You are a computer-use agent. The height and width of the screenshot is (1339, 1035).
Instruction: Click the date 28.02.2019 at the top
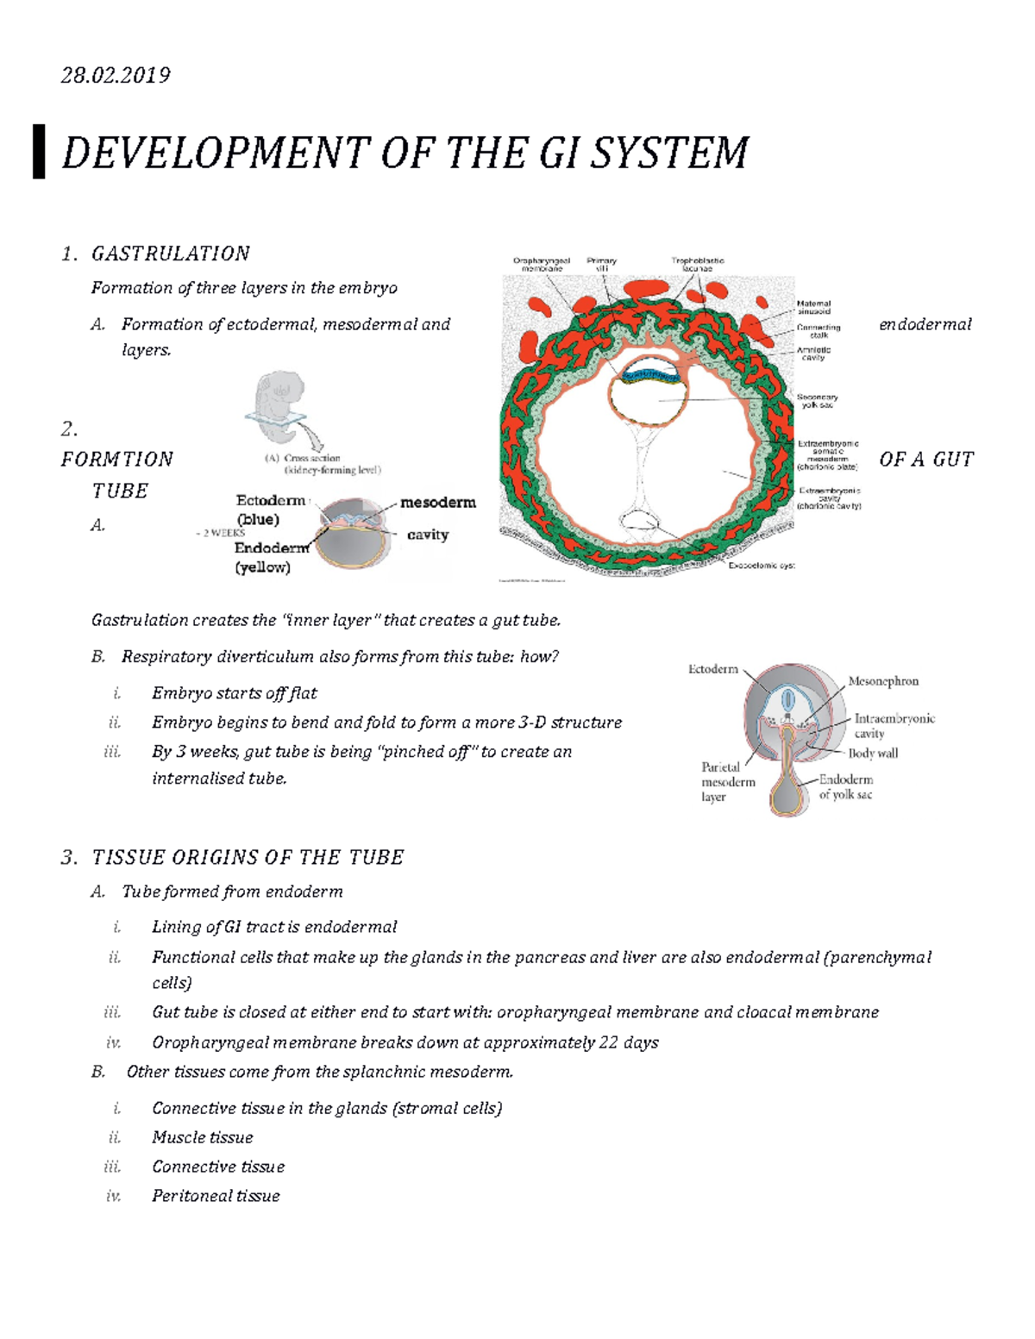(116, 76)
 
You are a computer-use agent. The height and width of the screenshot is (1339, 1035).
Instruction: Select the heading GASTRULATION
(171, 253)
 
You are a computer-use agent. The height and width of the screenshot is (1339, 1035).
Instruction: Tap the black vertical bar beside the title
(39, 152)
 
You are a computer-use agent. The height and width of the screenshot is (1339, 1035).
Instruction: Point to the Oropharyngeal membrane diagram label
(542, 265)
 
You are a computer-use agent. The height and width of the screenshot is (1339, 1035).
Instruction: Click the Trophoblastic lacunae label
(698, 265)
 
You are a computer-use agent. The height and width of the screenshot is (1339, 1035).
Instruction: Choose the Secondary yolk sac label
(817, 401)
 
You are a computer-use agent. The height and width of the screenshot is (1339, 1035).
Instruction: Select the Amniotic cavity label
(813, 354)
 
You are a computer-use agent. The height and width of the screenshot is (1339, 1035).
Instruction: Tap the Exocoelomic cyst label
(762, 566)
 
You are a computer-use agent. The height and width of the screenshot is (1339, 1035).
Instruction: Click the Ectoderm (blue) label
(270, 510)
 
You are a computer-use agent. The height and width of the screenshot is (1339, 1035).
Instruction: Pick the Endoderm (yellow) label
(270, 557)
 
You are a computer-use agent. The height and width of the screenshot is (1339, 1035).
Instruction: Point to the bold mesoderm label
(438, 502)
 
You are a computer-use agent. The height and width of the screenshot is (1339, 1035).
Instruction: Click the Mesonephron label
(883, 681)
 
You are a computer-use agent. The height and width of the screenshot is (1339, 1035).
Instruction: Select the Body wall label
(873, 753)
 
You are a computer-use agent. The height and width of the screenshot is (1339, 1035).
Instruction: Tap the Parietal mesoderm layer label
(726, 781)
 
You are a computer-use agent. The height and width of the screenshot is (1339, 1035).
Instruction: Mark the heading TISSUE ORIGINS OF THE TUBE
(248, 857)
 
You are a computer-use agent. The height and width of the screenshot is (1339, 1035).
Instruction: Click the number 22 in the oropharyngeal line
(608, 1042)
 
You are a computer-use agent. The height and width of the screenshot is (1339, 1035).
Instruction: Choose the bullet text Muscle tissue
(203, 1137)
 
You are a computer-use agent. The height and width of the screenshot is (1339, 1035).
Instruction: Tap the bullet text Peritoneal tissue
(216, 1196)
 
